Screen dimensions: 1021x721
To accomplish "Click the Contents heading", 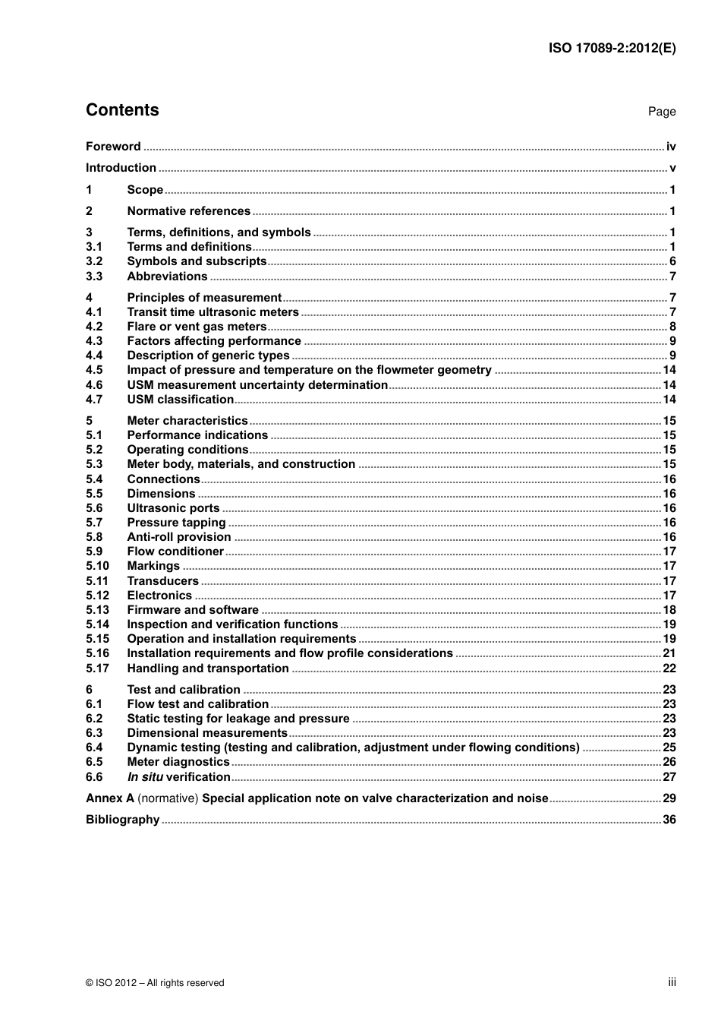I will pos(122,110).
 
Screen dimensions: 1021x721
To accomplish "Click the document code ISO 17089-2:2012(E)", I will pos(612,48).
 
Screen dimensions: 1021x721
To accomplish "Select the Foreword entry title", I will pos(113,147).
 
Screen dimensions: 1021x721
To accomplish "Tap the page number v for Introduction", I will pos(672,168).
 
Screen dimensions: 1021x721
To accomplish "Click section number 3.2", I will pos(94,261).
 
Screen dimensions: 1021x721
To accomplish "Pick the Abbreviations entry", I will pos(167,277).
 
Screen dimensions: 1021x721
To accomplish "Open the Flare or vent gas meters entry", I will pos(197,327).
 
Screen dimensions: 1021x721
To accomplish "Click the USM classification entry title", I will pos(180,400).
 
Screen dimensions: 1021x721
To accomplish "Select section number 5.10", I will pos(97,566).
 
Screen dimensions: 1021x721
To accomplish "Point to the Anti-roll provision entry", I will pos(178,537).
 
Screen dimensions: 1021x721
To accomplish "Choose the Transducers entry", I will pos(162,581).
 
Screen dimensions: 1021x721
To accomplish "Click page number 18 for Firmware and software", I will pos(669,610).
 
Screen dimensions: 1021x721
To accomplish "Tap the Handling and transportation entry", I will pos(207,669).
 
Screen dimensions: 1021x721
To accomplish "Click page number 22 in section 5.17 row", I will pos(669,669).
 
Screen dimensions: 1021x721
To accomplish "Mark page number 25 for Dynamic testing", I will pos(669,748).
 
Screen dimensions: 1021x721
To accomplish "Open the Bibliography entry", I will pos(122,820).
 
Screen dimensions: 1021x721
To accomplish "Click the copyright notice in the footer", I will pos(155,983).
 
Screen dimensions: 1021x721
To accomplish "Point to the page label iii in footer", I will pos(672,982).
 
